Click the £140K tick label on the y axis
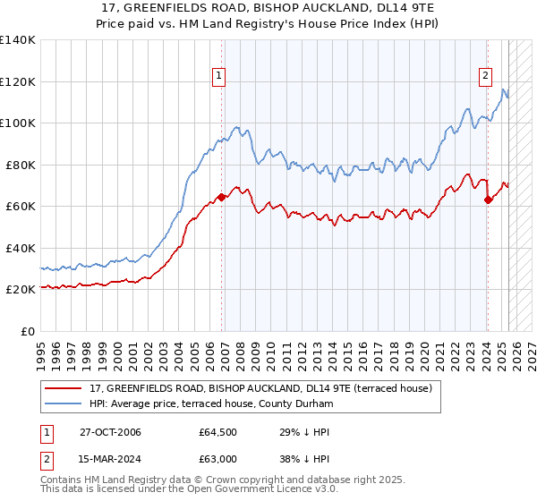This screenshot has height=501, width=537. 18,40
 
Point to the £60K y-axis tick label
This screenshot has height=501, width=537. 21,207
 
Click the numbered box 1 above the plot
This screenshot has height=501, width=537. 219,76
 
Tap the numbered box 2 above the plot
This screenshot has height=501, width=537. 485,76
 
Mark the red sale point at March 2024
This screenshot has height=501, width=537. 487,200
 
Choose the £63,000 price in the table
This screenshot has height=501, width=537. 217,458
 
